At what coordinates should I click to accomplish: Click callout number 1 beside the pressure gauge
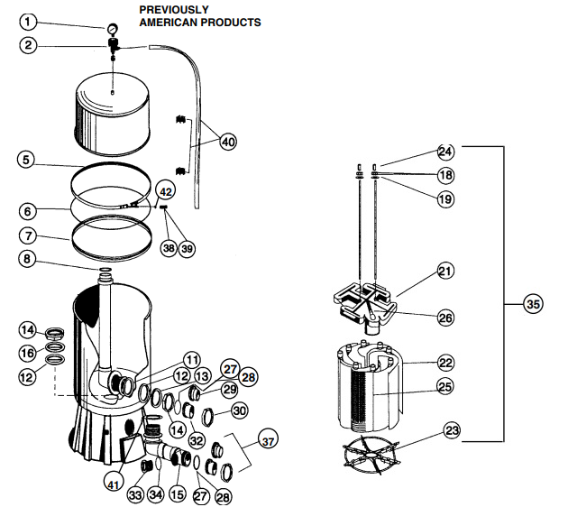pyautogui.click(x=30, y=21)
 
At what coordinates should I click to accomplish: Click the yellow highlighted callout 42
pyautogui.click(x=165, y=191)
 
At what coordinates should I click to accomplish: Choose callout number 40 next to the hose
pyautogui.click(x=228, y=142)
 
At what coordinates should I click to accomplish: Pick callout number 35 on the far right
pyautogui.click(x=534, y=305)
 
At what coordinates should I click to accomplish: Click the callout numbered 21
pyautogui.click(x=445, y=271)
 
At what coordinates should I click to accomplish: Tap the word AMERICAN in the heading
pyautogui.click(x=169, y=22)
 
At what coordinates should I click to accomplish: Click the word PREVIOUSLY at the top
pyautogui.click(x=174, y=9)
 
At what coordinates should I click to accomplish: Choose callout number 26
pyautogui.click(x=445, y=318)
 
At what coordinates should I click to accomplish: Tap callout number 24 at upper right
pyautogui.click(x=445, y=152)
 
